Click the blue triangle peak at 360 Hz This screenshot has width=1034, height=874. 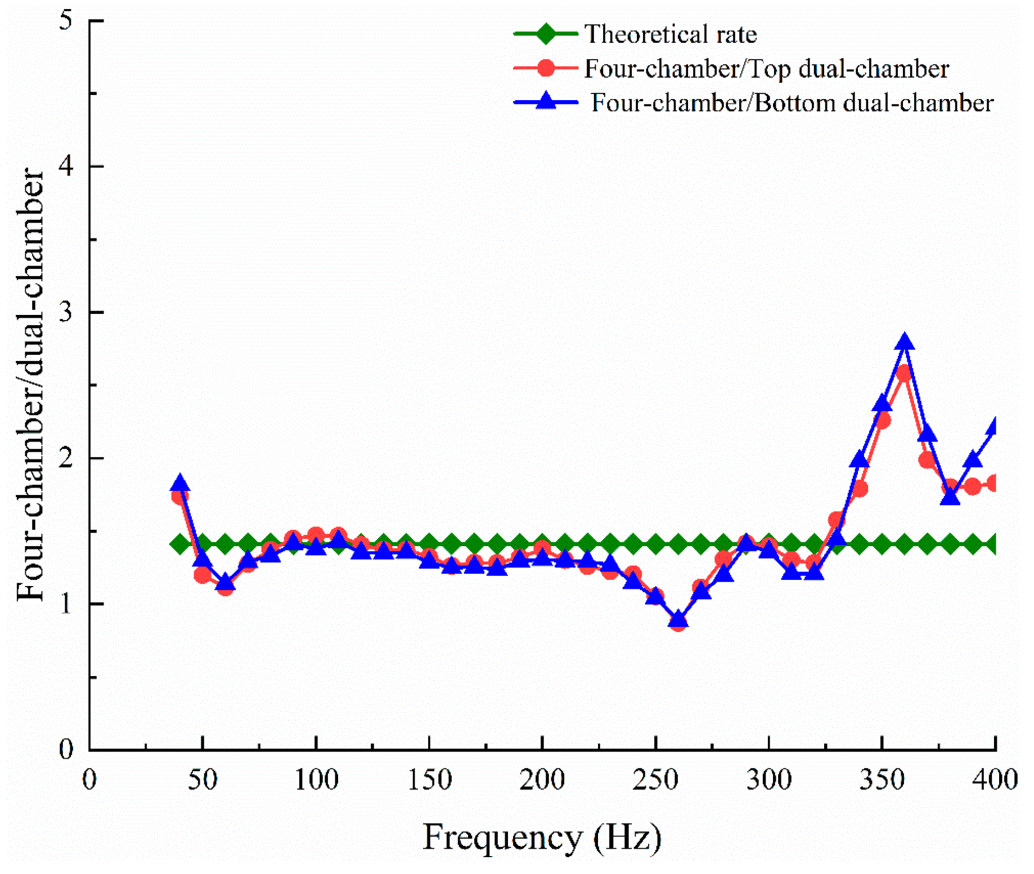[904, 341]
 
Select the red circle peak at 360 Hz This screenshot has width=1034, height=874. [903, 373]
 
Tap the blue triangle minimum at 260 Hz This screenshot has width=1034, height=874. [678, 619]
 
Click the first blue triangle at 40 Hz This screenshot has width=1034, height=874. [180, 483]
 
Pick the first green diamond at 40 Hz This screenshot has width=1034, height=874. [180, 544]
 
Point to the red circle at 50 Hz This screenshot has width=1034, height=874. [203, 575]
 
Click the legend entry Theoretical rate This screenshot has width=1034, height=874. [671, 34]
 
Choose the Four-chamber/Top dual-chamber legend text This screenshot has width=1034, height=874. [766, 69]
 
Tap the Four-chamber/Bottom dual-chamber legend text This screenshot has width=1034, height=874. [792, 103]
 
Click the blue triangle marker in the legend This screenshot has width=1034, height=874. [546, 102]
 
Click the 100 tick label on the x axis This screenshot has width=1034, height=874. [316, 780]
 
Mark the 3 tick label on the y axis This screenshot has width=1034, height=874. [66, 312]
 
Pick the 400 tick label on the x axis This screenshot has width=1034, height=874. [994, 780]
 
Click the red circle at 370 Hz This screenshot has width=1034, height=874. [927, 460]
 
